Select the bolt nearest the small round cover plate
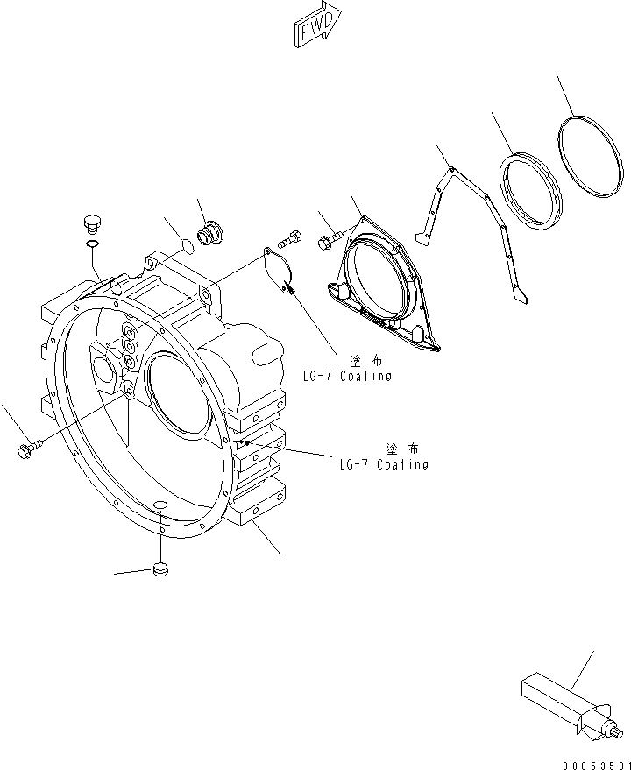[x=291, y=237]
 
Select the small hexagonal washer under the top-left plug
[x=92, y=243]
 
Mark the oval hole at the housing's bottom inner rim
[x=160, y=503]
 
